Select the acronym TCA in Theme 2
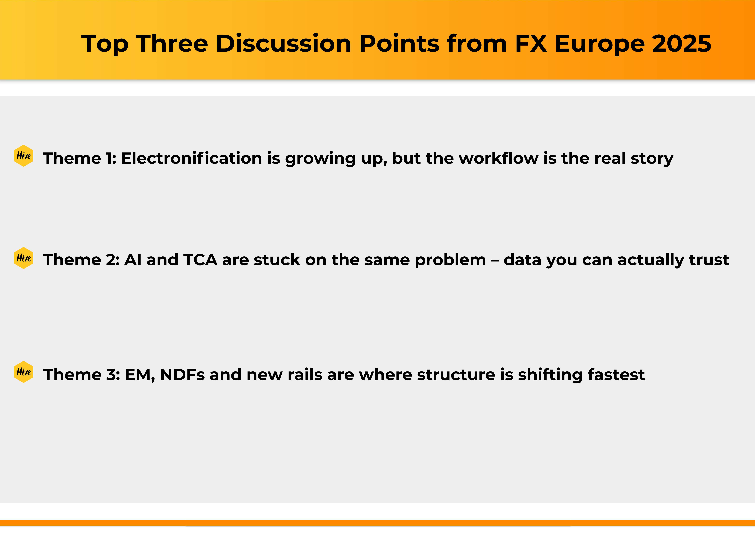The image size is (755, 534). tap(200, 260)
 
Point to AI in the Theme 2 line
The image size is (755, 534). tap(133, 260)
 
